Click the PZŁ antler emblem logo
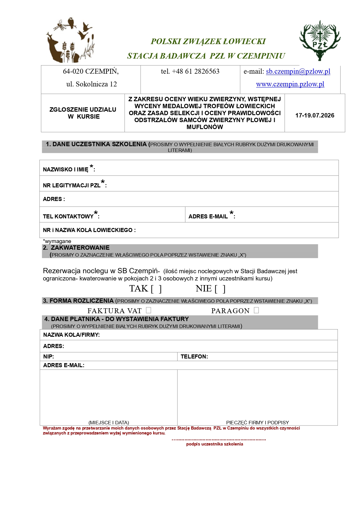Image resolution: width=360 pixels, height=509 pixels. [320, 41]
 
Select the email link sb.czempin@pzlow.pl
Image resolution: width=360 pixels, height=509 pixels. [298, 71]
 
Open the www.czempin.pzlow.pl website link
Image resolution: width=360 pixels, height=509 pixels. [290, 84]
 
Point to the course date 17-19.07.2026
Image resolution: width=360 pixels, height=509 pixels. [315, 115]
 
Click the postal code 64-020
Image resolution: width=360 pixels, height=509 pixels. [73, 71]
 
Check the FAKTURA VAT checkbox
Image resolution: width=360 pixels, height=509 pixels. [149, 310]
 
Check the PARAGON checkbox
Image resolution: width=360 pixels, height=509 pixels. [256, 310]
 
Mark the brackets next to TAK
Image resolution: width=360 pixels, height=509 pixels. [156, 289]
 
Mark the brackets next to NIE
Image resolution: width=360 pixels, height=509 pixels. [220, 289]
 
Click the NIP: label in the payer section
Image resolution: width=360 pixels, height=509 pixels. [48, 356]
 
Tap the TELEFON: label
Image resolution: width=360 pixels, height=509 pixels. [194, 356]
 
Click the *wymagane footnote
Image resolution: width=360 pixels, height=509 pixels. [57, 241]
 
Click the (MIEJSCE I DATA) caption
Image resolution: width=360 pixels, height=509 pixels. [109, 423]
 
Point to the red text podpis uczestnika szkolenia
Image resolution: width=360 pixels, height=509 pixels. [215, 444]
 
